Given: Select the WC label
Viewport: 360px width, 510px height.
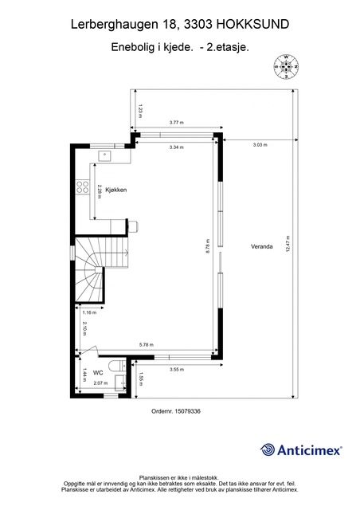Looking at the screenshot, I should click(98, 372).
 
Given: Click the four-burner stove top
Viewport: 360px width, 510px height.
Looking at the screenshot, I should click(82, 188).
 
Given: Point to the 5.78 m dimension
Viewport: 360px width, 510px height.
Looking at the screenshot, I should click(146, 343).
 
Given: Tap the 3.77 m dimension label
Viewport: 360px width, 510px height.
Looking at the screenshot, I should click(176, 122).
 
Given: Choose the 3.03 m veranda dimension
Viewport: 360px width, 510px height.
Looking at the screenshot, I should click(260, 144).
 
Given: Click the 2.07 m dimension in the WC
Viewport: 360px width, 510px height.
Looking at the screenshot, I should click(100, 383).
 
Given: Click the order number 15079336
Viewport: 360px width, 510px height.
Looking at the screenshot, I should click(175, 411).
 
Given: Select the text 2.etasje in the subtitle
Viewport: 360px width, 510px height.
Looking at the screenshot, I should click(225, 47).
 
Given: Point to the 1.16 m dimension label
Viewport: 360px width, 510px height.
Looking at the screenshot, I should click(89, 312).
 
